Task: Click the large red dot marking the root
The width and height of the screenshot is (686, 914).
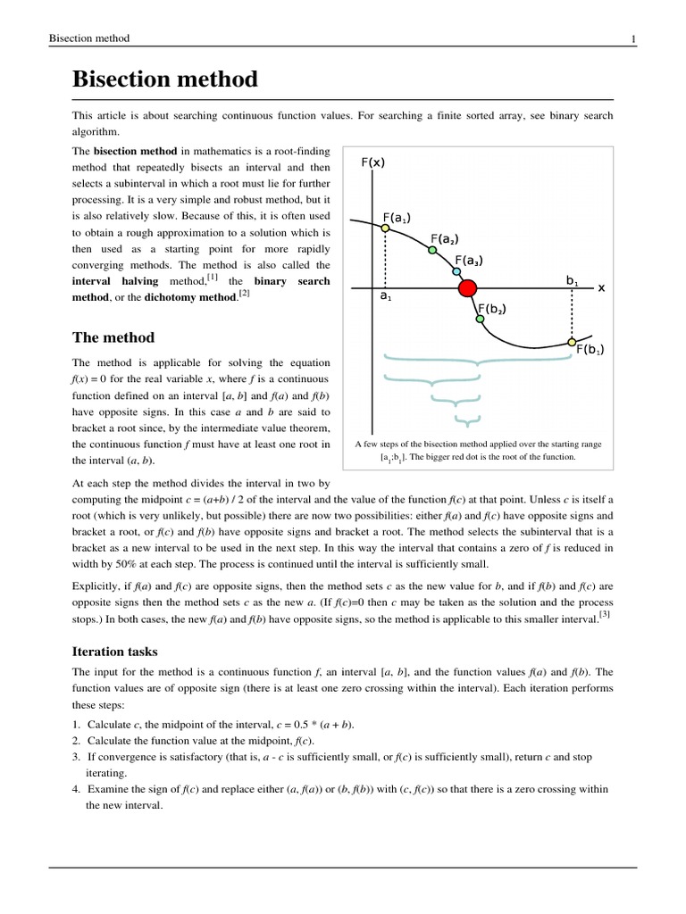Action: coord(467,288)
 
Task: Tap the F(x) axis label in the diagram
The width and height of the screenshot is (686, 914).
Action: coord(373,162)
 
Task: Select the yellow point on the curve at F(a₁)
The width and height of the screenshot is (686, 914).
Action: coord(385,228)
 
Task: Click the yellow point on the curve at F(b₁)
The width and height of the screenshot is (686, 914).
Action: coord(572,340)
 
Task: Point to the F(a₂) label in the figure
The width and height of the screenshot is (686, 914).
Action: coord(444,238)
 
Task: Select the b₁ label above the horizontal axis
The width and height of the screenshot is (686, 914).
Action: coord(572,280)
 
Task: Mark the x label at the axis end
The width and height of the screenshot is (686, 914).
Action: coord(601,287)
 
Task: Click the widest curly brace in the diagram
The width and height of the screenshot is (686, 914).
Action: coord(478,361)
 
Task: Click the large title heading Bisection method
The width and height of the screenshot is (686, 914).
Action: coord(164,79)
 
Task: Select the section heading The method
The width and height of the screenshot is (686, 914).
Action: coord(113,337)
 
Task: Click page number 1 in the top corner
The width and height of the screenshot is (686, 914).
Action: coord(632,38)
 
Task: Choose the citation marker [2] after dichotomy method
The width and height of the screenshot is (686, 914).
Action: coord(244,292)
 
